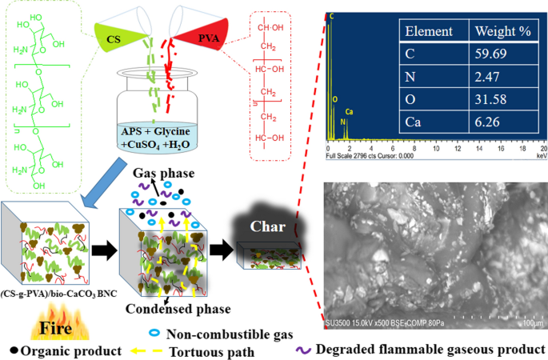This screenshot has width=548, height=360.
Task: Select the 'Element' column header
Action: (430, 32)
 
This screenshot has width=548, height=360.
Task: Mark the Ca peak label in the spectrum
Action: (349, 112)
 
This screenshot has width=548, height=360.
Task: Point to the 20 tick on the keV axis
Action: (543, 150)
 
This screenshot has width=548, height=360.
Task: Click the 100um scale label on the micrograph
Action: (530, 323)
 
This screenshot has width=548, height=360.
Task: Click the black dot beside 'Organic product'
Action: (15, 350)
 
